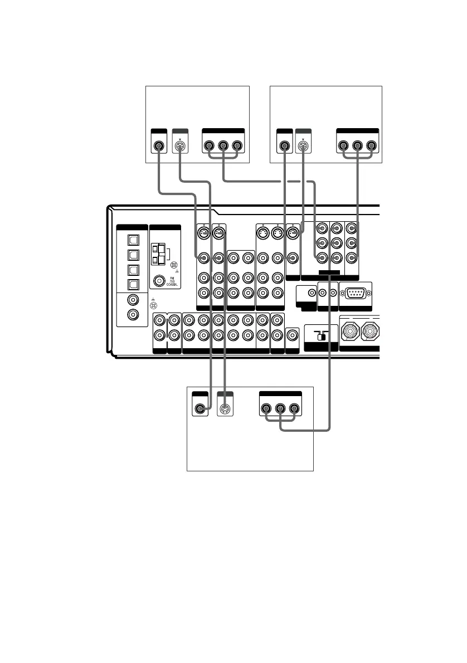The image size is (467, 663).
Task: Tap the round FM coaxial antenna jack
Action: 159,282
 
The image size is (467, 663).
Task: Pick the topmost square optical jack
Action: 133,241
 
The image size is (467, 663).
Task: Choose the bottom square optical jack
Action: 133,284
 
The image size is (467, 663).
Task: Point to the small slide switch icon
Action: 321,337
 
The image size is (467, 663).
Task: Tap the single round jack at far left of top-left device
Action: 159,148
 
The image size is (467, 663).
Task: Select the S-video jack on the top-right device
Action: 303,148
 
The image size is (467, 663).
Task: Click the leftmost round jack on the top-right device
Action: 284,148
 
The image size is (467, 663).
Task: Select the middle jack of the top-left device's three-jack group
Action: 223,148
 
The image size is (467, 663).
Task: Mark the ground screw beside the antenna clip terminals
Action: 174,266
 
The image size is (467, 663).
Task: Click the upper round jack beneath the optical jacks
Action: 133,300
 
